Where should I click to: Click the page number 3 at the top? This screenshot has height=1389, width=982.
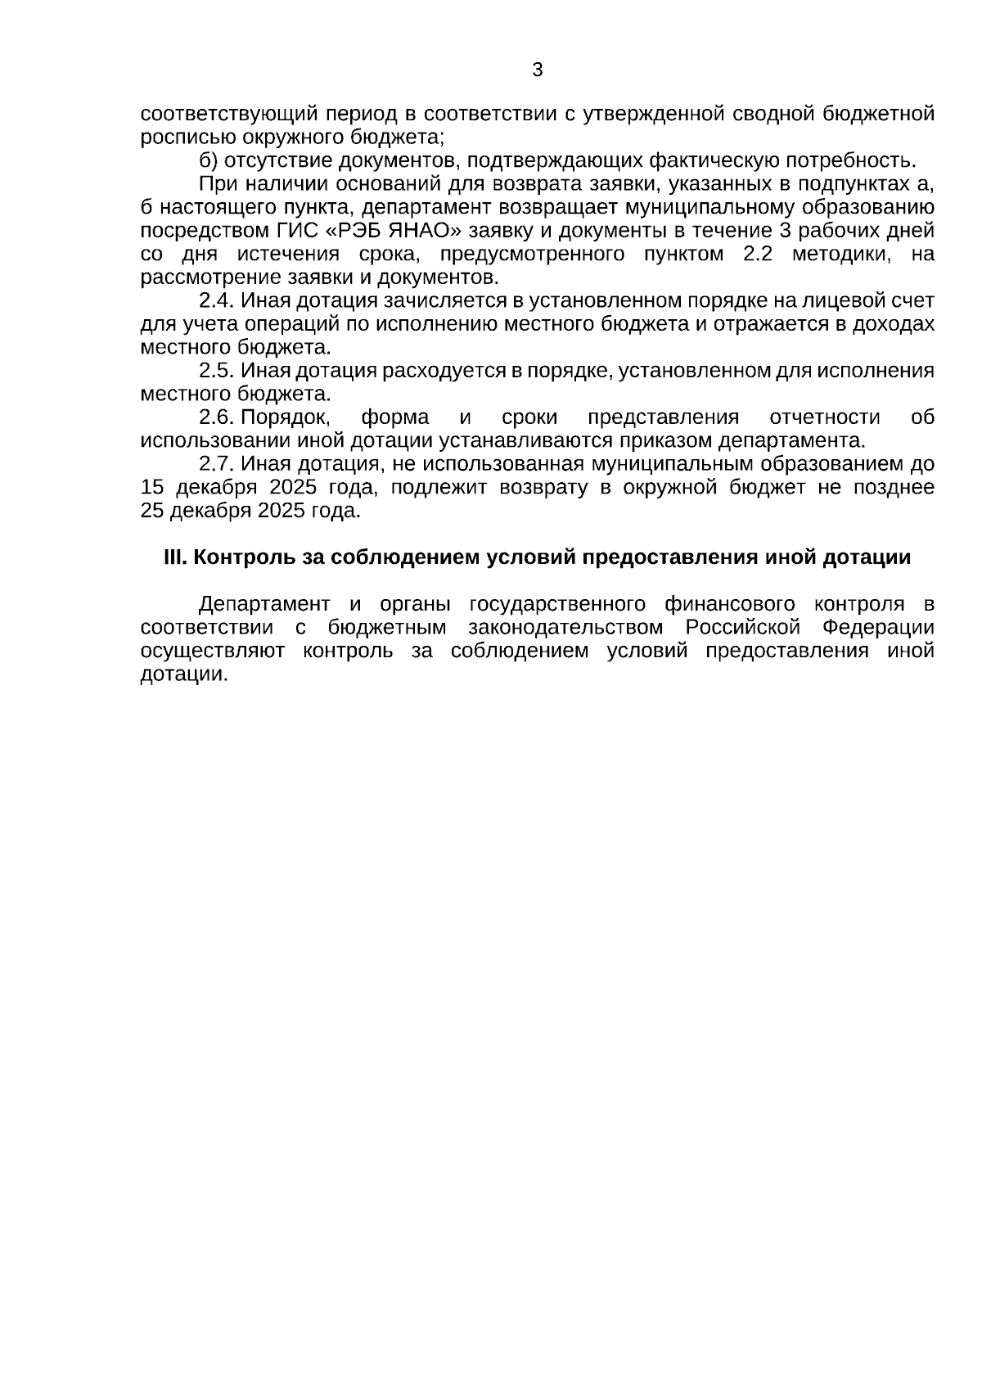(537, 70)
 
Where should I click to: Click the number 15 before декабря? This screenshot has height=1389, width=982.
(152, 488)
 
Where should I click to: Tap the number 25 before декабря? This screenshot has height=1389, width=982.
(152, 512)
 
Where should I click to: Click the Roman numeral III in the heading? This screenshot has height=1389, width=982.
(176, 558)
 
